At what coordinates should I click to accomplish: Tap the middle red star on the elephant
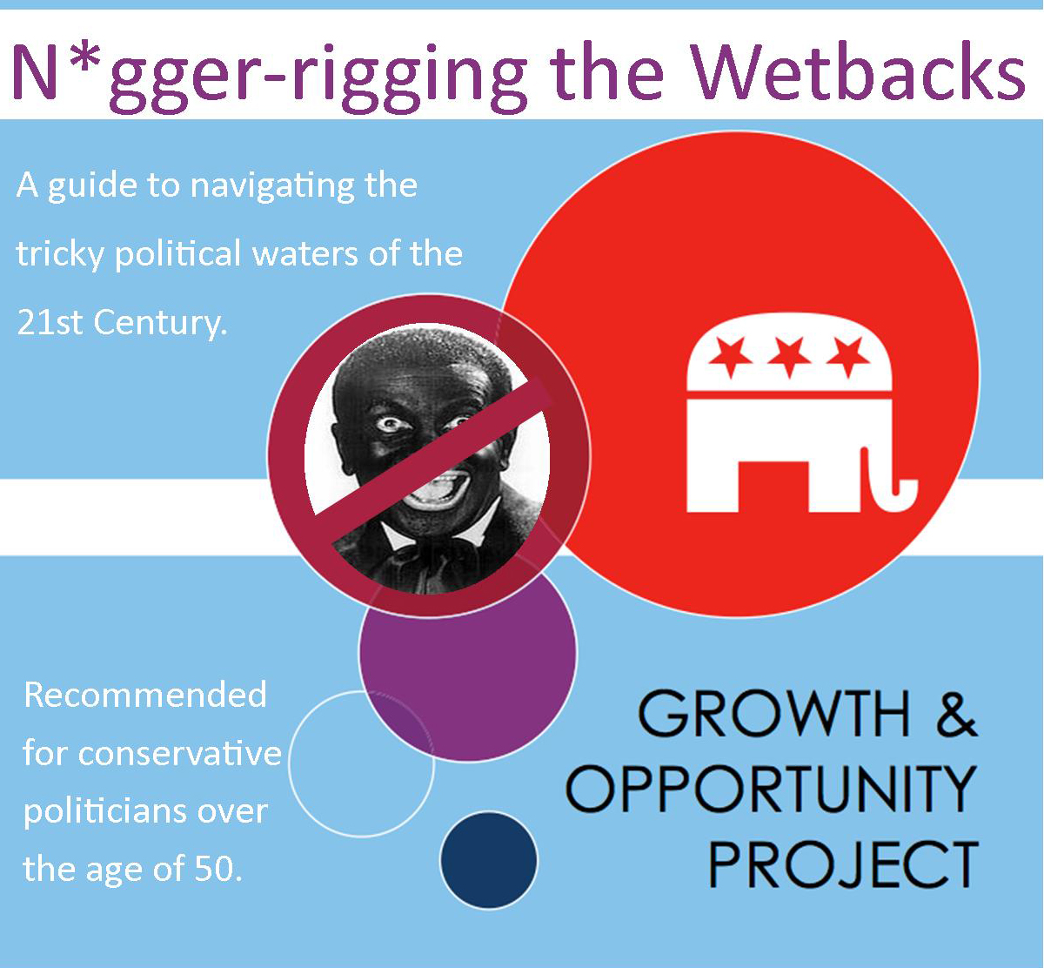pyautogui.click(x=788, y=356)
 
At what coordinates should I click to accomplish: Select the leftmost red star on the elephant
pyautogui.click(x=730, y=356)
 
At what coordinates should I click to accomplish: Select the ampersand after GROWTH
pyautogui.click(x=955, y=715)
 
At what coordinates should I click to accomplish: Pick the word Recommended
pyautogui.click(x=145, y=695)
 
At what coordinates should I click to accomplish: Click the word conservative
pyautogui.click(x=180, y=753)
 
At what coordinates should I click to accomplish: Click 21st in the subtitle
pyautogui.click(x=50, y=322)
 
